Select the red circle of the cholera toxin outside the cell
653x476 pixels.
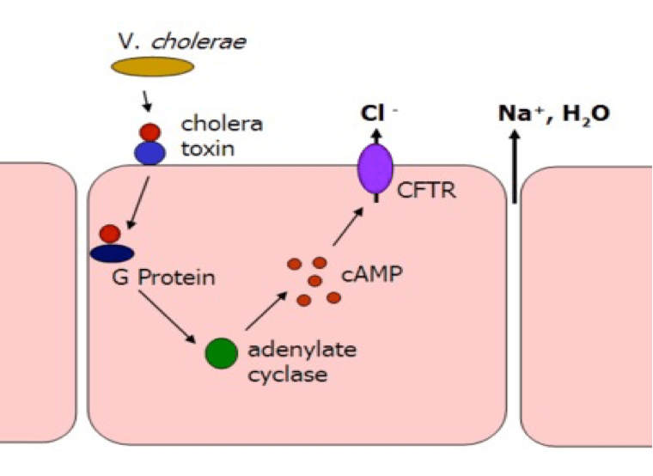(150, 132)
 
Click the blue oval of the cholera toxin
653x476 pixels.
(150, 152)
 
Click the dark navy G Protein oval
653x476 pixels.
(112, 253)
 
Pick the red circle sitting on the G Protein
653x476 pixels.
(109, 234)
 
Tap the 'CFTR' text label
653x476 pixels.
(424, 190)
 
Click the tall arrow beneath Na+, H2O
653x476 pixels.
(515, 167)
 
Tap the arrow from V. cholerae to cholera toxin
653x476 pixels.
(147, 101)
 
